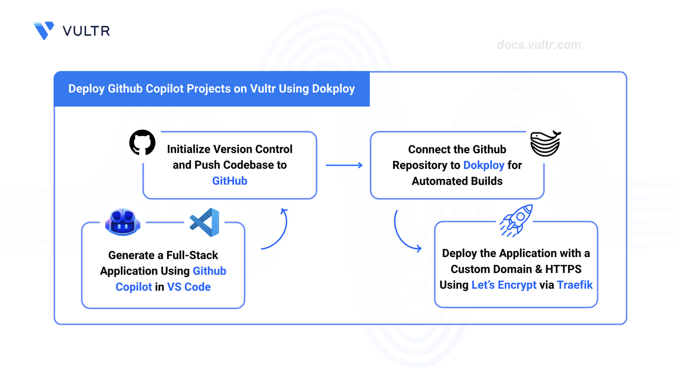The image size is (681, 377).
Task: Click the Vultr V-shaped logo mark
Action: point(44,30)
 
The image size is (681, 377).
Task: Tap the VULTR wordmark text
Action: point(86,31)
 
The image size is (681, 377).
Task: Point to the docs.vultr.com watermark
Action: point(539,45)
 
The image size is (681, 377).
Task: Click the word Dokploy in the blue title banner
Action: point(334,89)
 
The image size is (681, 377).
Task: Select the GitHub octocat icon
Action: point(142,142)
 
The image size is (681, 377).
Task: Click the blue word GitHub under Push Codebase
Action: point(229,181)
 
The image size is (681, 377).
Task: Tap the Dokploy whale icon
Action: point(545,143)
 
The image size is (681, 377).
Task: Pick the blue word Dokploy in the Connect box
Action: point(484,166)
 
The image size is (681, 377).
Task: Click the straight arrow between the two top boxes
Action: point(344,165)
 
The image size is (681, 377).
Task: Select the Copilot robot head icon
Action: point(122,222)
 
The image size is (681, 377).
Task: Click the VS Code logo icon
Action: point(204,222)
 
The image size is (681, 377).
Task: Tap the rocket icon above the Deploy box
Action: point(517,220)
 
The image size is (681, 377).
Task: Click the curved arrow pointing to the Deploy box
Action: point(399,236)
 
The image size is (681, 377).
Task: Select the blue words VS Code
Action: point(189,287)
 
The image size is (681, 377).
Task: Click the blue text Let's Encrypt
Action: point(504,285)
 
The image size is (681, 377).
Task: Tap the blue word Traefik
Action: point(575,285)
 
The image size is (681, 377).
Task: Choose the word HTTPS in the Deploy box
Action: point(563,269)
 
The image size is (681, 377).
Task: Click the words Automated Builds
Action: point(457,181)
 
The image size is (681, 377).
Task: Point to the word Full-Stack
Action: point(192,255)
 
